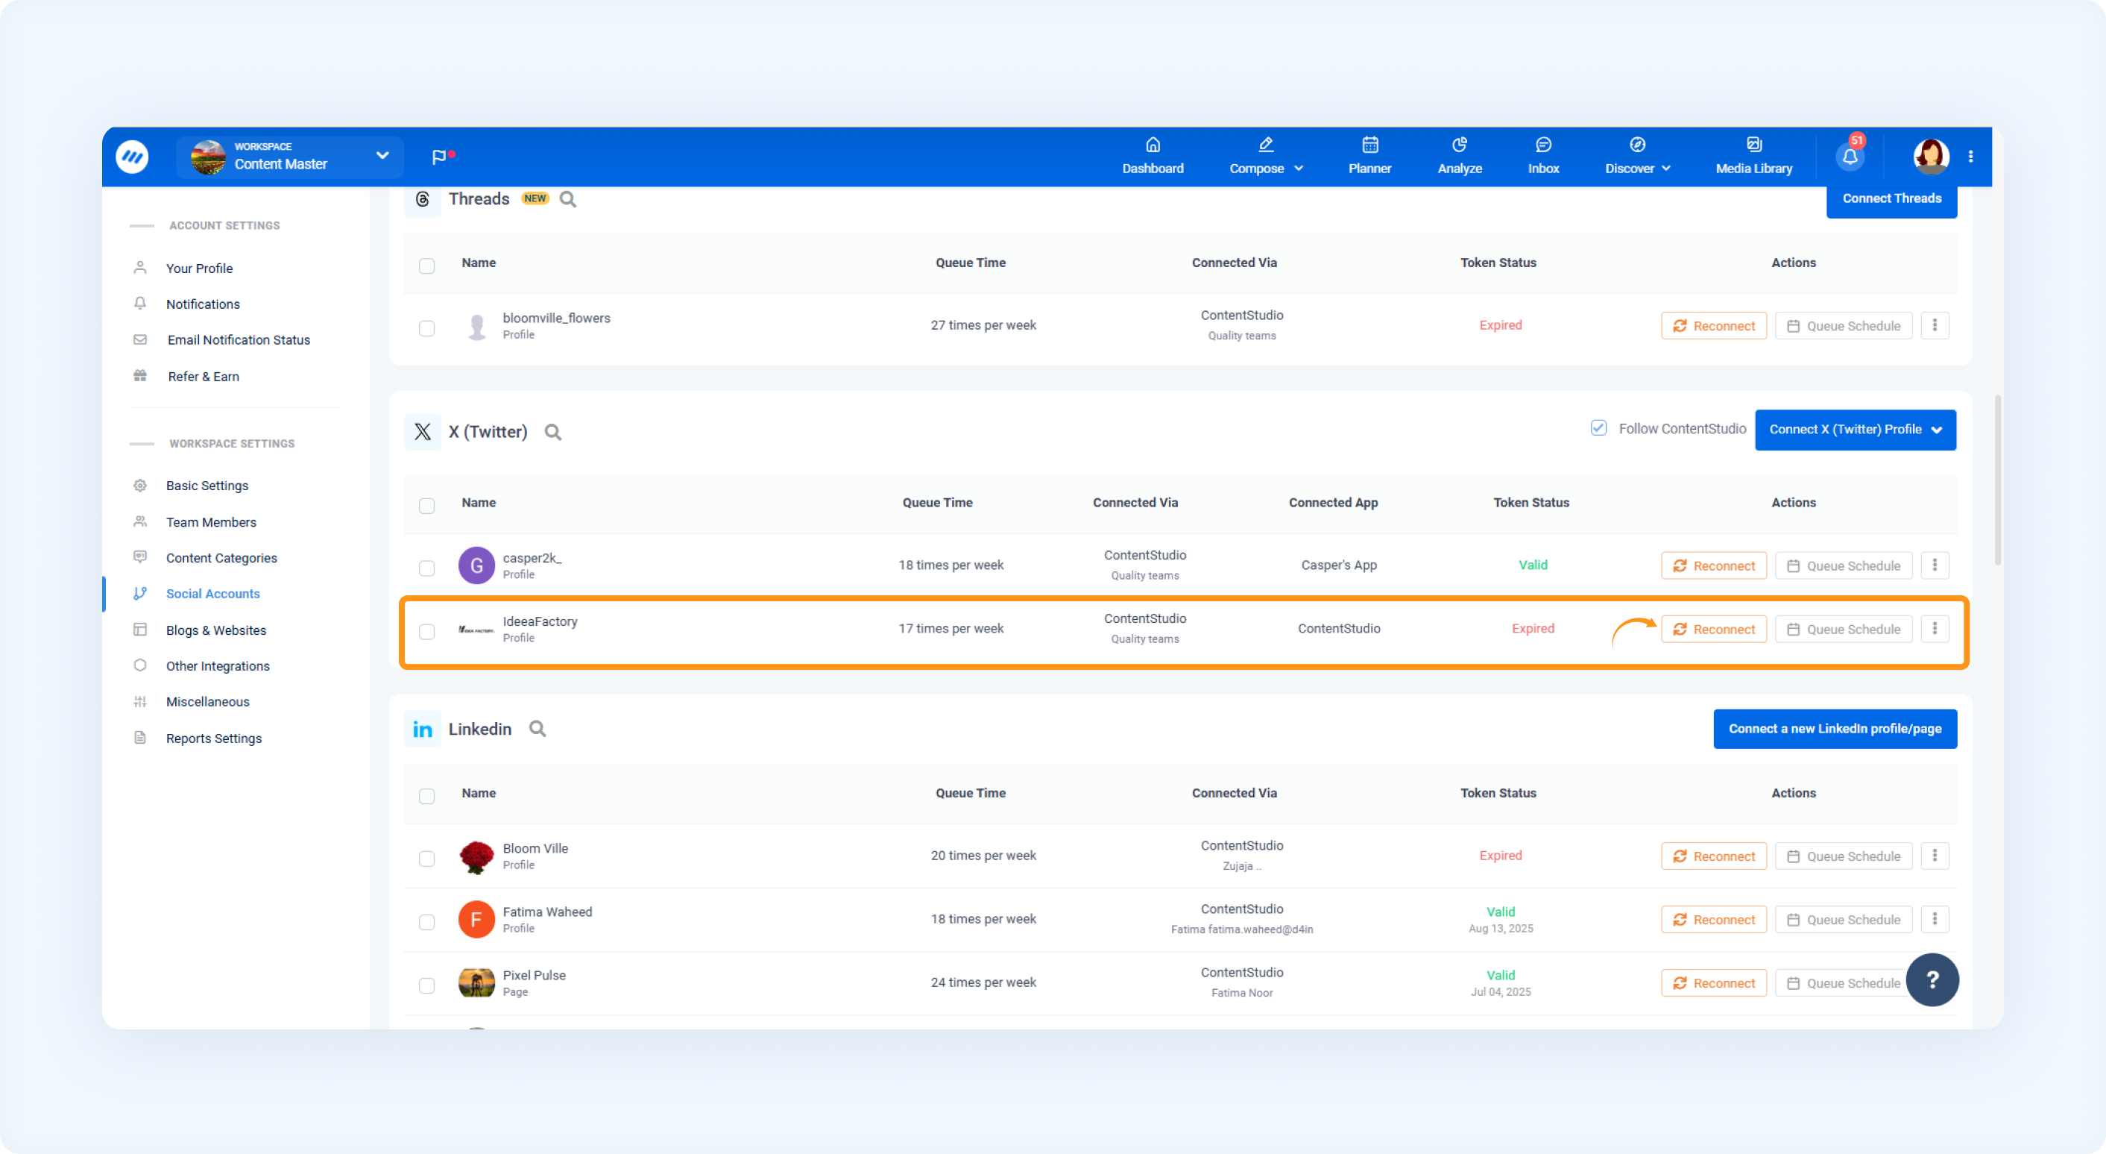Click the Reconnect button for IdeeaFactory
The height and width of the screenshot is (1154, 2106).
[x=1714, y=629]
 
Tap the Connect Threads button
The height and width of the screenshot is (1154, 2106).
[x=1891, y=198]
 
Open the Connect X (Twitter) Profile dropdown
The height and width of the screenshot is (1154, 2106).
[x=1855, y=430]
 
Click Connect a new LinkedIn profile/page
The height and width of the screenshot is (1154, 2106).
[x=1835, y=729]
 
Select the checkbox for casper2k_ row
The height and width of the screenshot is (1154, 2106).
[x=426, y=568]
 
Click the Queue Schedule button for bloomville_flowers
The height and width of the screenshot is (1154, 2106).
[x=1844, y=325]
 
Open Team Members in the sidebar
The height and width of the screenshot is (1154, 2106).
[x=211, y=521]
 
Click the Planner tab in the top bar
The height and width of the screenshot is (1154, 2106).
[x=1369, y=156]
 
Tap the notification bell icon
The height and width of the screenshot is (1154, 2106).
[x=1850, y=156]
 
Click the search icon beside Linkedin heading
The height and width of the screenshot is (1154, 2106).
[x=537, y=729]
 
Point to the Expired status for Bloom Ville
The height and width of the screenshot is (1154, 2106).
[x=1500, y=856]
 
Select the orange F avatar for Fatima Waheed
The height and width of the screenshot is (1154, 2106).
[x=476, y=919]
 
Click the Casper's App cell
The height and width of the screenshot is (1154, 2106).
[x=1338, y=565]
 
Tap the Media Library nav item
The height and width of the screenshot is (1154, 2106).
[x=1753, y=156]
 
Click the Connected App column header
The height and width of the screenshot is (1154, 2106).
[x=1334, y=503]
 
